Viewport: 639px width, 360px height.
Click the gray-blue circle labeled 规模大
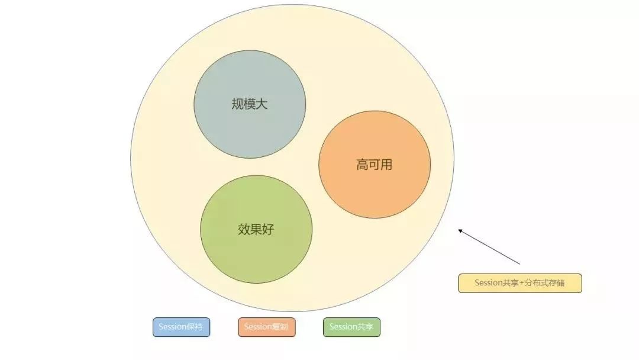(x=250, y=104)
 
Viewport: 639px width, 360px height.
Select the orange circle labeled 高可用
(x=375, y=165)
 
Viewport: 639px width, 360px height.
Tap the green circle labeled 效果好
(x=256, y=229)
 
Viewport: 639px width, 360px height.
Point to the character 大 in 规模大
(x=262, y=104)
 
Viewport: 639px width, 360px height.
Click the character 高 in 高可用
(x=362, y=165)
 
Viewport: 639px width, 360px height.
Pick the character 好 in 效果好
(x=268, y=229)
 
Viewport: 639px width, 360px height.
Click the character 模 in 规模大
(x=250, y=104)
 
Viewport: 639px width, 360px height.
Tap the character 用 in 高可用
(x=386, y=165)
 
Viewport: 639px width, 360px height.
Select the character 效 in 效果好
(x=244, y=229)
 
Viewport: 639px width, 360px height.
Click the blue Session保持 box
(x=182, y=327)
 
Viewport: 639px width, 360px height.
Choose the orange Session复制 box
(x=266, y=327)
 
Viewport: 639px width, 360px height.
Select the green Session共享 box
(x=351, y=327)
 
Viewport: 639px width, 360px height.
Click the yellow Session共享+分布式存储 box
(x=520, y=284)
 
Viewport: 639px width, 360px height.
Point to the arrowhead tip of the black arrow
(x=459, y=230)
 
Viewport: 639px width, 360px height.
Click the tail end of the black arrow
(x=520, y=264)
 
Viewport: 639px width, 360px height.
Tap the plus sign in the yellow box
(x=521, y=283)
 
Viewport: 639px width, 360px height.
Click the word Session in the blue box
(x=172, y=327)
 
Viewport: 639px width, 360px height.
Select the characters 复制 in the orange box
(x=279, y=327)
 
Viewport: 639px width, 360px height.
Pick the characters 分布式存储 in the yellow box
(x=544, y=283)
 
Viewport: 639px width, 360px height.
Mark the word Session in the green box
(x=343, y=327)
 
